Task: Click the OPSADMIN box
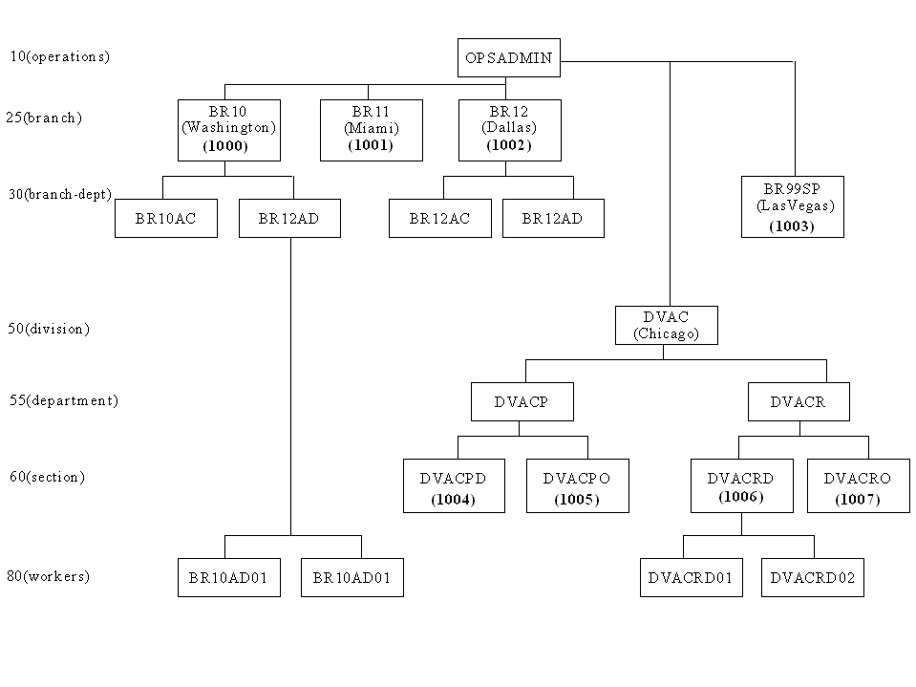pos(509,58)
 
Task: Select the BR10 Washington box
pos(229,130)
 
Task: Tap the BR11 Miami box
pos(372,130)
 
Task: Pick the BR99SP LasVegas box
pos(793,206)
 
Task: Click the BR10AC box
pos(166,219)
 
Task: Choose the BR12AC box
pos(440,219)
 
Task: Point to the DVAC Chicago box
pos(667,326)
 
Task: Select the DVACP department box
pos(522,402)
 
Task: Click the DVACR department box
pos(799,402)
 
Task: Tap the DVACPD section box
pos(454,486)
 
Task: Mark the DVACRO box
pos(858,486)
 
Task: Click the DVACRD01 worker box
pos(692,578)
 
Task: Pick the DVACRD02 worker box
pos(813,578)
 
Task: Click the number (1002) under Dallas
pos(509,145)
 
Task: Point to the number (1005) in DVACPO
pos(577,500)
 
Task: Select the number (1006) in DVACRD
pos(741,497)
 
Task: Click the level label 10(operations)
pos(60,56)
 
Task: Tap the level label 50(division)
pos(49,329)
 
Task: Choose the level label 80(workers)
pos(49,576)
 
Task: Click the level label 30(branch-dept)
pos(60,195)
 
